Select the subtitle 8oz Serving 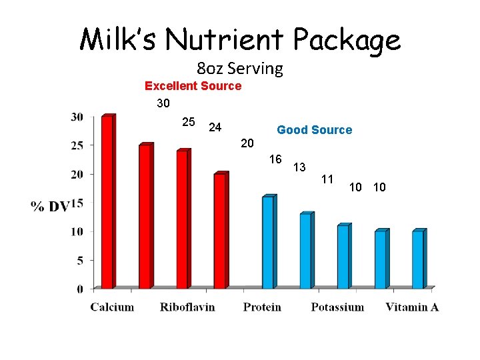tap(240, 69)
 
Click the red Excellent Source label tap(193, 86)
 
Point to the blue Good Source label tap(314, 130)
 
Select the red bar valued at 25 tap(145, 217)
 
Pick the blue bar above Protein tap(268, 243)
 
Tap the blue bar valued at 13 tap(305, 251)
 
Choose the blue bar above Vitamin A tap(417, 259)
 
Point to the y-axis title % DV tap(51, 207)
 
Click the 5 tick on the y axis tap(79, 260)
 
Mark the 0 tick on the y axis tap(79, 289)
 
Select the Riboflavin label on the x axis tap(187, 307)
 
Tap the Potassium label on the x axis tap(337, 307)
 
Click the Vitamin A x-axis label tap(412, 307)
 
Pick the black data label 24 tap(215, 127)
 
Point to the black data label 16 tap(275, 159)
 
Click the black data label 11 tap(327, 179)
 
